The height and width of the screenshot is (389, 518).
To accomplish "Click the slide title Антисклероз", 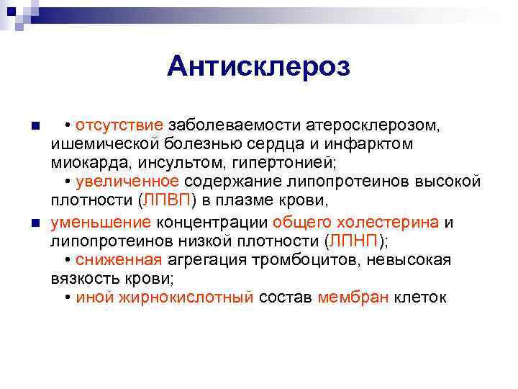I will tap(258, 67).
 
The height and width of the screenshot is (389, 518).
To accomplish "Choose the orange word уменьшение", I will tap(101, 222).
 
